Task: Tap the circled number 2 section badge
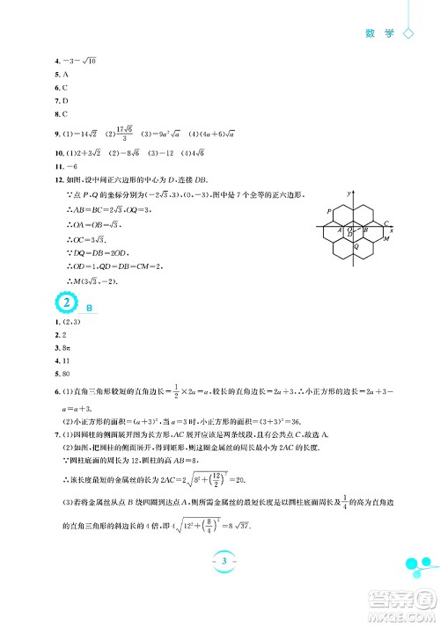tap(64, 302)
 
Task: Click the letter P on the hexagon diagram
tap(328, 212)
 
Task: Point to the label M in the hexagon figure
tap(385, 239)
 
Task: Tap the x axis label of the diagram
tap(391, 230)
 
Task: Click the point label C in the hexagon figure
tap(386, 222)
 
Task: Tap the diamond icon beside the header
tap(407, 33)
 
